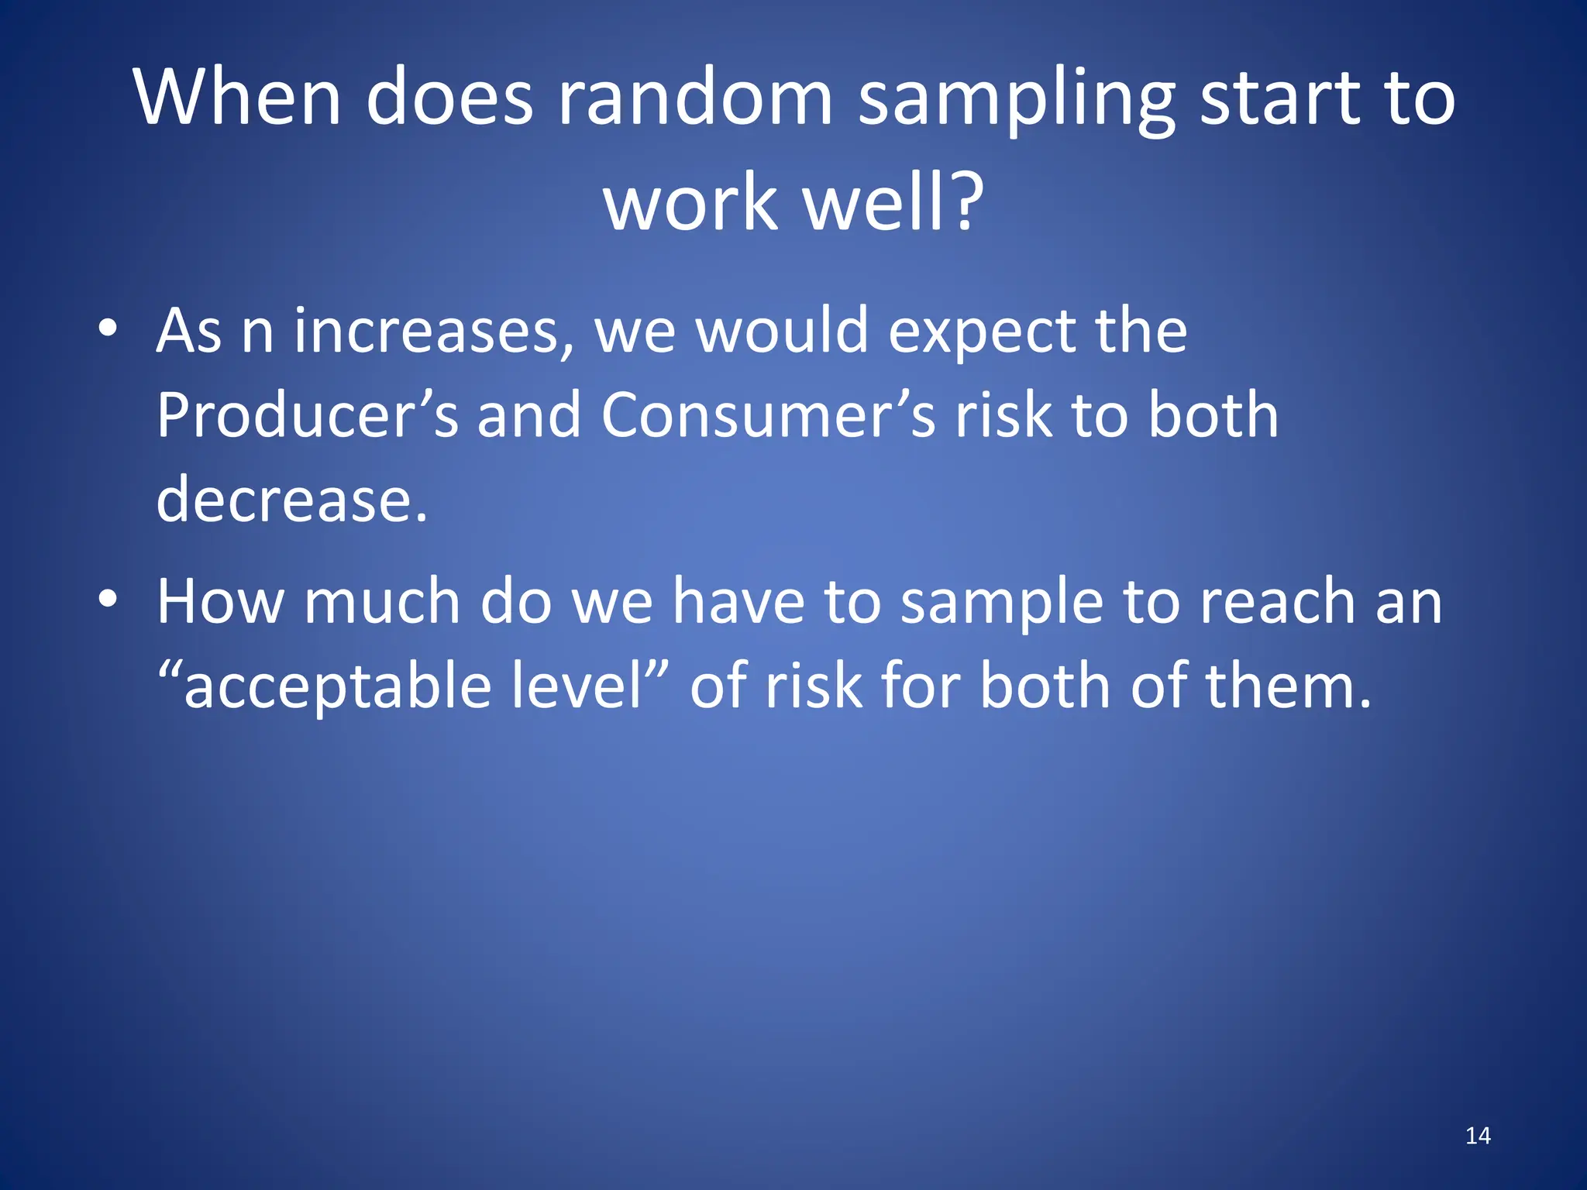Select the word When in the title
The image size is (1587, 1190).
click(x=237, y=98)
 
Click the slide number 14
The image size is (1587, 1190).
click(x=1478, y=1136)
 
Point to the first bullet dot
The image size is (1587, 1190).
click(x=108, y=328)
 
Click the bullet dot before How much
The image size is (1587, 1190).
click(x=108, y=599)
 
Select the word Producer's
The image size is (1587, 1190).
click(x=308, y=415)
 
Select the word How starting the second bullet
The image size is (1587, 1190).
click(x=220, y=602)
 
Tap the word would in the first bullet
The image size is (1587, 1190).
click(x=781, y=332)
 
